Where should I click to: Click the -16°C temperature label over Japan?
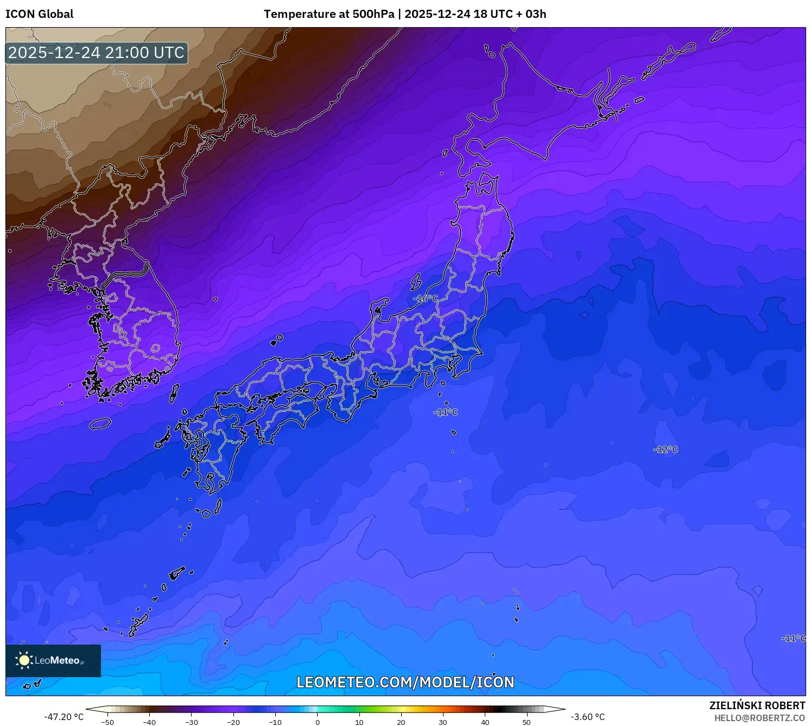click(x=425, y=298)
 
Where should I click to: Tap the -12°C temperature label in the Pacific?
click(x=666, y=449)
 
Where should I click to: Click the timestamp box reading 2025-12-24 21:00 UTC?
click(x=97, y=53)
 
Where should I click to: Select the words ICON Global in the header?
click(x=40, y=14)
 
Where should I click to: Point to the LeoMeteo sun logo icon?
click(x=24, y=660)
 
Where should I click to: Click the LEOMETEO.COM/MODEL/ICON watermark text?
click(x=405, y=682)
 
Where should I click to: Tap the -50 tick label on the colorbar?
click(x=107, y=722)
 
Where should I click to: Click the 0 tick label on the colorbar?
click(x=318, y=722)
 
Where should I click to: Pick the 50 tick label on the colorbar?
click(x=527, y=722)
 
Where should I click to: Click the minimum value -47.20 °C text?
click(x=64, y=717)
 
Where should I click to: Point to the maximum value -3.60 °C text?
click(x=587, y=717)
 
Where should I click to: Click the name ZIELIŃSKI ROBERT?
click(x=757, y=705)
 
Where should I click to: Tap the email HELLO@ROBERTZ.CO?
click(x=759, y=718)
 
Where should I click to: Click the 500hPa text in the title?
click(x=373, y=14)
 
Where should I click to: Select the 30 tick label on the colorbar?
click(x=443, y=722)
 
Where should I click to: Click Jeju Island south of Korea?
click(x=100, y=423)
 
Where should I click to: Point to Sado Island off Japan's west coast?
click(x=416, y=282)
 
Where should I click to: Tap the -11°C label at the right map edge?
click(x=793, y=638)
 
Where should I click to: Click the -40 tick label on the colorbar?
click(x=149, y=722)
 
